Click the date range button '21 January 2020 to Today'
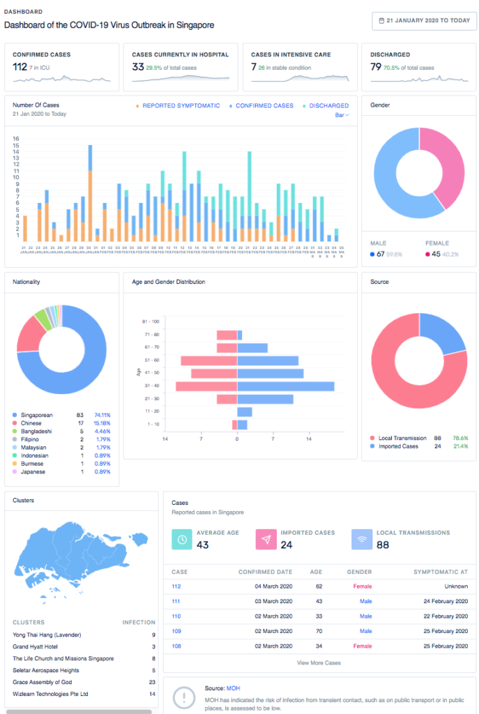click(x=423, y=20)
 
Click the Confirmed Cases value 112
click(x=20, y=67)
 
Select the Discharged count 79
click(x=375, y=67)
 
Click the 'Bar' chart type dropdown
click(x=342, y=115)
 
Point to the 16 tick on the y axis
click(x=16, y=138)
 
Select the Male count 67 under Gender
click(x=381, y=254)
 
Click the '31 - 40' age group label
click(x=151, y=386)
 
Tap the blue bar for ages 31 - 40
click(x=285, y=386)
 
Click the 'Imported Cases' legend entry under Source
click(x=398, y=446)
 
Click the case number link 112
click(x=176, y=587)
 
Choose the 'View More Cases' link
click(x=319, y=662)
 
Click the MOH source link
click(x=234, y=688)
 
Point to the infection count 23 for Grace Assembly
click(x=152, y=682)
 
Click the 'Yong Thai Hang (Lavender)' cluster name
click(x=47, y=635)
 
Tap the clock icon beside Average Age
click(x=181, y=539)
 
